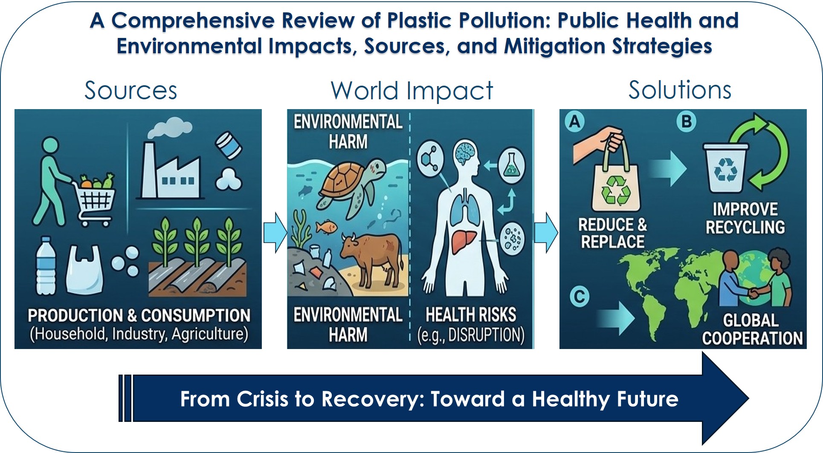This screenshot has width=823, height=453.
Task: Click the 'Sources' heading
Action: [x=130, y=90]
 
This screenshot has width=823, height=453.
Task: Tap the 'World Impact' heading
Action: [x=411, y=91]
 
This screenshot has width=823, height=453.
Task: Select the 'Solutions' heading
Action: [x=680, y=90]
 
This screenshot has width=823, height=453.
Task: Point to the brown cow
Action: [x=371, y=258]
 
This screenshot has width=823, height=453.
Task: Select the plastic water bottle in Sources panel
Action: [x=46, y=266]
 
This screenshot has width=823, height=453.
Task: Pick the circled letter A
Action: [x=575, y=122]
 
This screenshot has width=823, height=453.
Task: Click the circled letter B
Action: [x=687, y=121]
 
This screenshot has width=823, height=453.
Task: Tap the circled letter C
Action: [x=580, y=296]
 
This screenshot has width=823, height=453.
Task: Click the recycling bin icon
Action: [x=725, y=168]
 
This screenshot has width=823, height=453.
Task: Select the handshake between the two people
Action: [x=754, y=293]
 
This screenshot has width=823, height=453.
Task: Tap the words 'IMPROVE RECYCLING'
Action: [x=745, y=218]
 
